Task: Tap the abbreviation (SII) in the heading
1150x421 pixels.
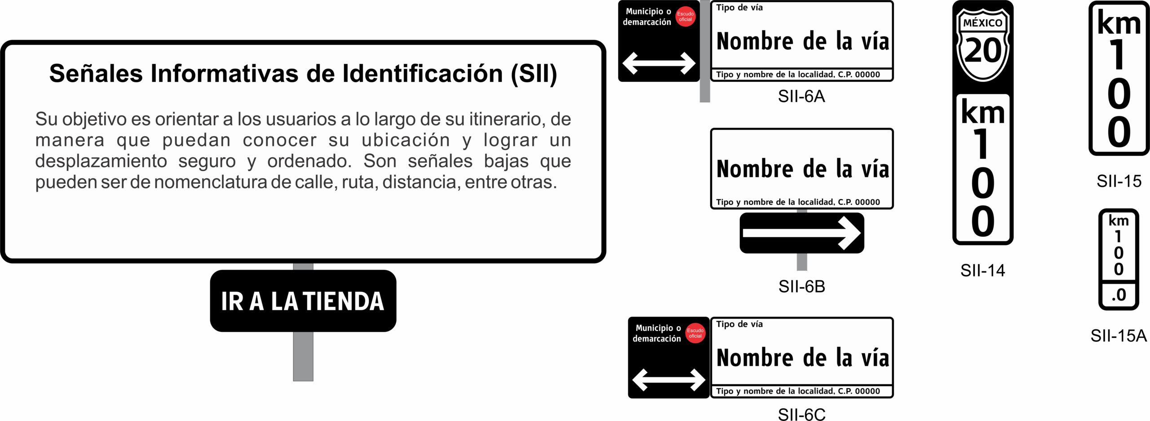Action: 534,74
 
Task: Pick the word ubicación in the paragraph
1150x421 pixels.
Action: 406,140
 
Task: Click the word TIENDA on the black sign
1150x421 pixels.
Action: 344,301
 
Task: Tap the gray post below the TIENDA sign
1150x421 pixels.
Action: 303,356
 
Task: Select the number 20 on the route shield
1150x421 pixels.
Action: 983,50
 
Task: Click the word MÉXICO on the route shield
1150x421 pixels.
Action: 983,23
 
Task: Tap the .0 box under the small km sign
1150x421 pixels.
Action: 1119,295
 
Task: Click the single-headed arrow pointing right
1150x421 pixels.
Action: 801,233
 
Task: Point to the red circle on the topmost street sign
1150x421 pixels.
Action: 686,17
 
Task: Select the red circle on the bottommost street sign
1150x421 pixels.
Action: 695,333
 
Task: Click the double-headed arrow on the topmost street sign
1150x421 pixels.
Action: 659,63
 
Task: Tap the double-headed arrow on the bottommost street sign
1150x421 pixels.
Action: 668,380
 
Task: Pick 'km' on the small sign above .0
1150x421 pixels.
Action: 1119,221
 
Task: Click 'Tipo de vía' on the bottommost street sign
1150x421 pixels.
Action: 739,324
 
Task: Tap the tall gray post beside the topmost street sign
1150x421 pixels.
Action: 705,52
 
